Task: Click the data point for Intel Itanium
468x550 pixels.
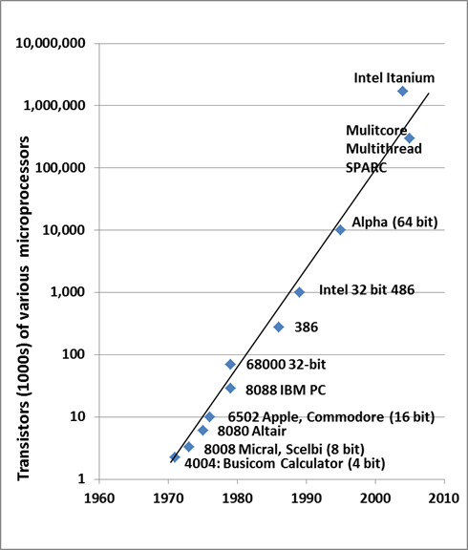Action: point(403,91)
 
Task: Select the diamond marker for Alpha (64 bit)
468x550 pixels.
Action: point(340,229)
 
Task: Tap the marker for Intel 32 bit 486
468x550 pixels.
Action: point(299,292)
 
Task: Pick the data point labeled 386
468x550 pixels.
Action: point(279,327)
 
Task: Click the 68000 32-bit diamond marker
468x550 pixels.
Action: point(230,364)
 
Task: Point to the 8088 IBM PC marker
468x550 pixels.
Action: point(230,388)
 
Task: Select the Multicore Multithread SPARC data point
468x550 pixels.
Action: point(409,138)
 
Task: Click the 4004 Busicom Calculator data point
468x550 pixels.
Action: point(175,457)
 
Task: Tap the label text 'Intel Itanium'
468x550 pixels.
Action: point(394,77)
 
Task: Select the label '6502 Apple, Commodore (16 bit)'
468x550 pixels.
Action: point(330,417)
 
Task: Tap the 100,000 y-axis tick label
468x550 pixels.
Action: point(59,167)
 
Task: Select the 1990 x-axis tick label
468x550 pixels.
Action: point(306,497)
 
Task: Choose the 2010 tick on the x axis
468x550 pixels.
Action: point(443,497)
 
